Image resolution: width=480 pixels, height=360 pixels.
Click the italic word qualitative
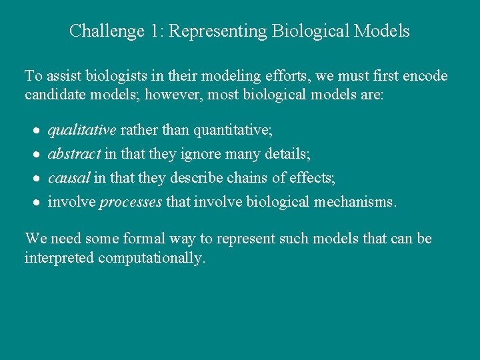[x=82, y=129]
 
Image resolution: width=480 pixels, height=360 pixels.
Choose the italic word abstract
[x=74, y=154]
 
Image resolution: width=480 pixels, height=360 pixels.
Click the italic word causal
[x=69, y=178]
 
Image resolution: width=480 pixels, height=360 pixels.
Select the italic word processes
[x=131, y=203]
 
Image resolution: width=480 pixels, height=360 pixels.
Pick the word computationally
[x=151, y=258]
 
